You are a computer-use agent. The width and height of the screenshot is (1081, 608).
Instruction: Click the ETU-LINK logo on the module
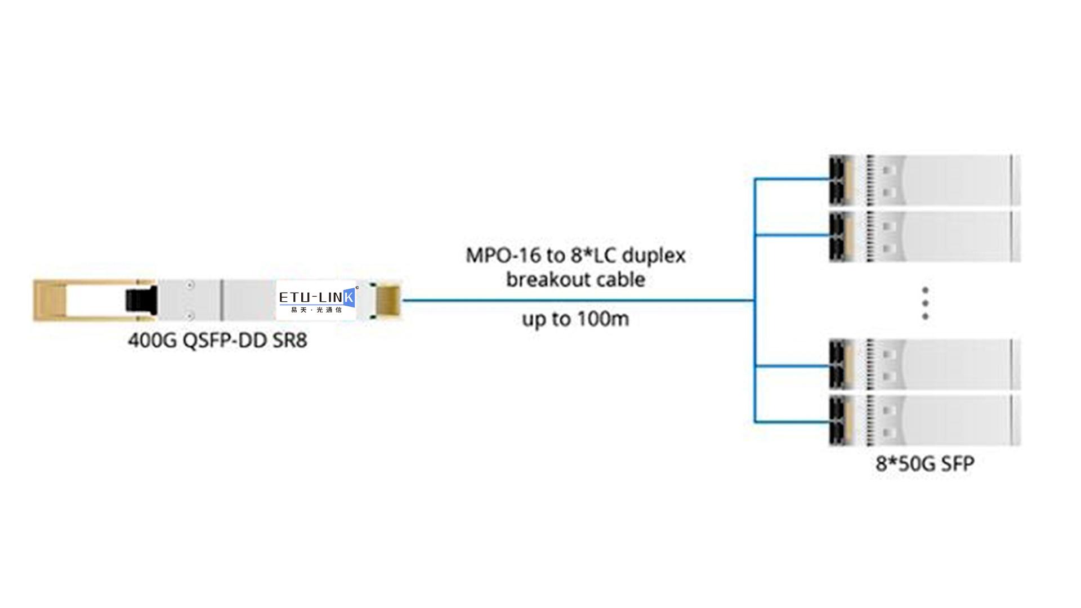point(316,297)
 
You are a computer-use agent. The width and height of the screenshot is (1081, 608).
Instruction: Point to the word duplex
point(653,256)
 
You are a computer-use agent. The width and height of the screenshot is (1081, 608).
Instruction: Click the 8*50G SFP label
point(924,464)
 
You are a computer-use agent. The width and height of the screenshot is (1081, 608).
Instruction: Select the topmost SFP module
point(924,180)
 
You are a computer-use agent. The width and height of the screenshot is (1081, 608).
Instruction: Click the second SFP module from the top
point(924,236)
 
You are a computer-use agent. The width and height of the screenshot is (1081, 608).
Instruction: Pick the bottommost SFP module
point(924,421)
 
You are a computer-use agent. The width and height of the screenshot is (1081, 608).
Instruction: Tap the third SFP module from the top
point(924,364)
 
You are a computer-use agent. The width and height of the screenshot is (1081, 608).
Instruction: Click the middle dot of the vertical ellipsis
point(925,303)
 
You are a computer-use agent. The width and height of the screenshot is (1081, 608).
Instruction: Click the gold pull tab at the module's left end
point(50,300)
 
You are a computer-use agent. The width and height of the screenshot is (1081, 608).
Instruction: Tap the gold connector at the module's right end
point(388,300)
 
